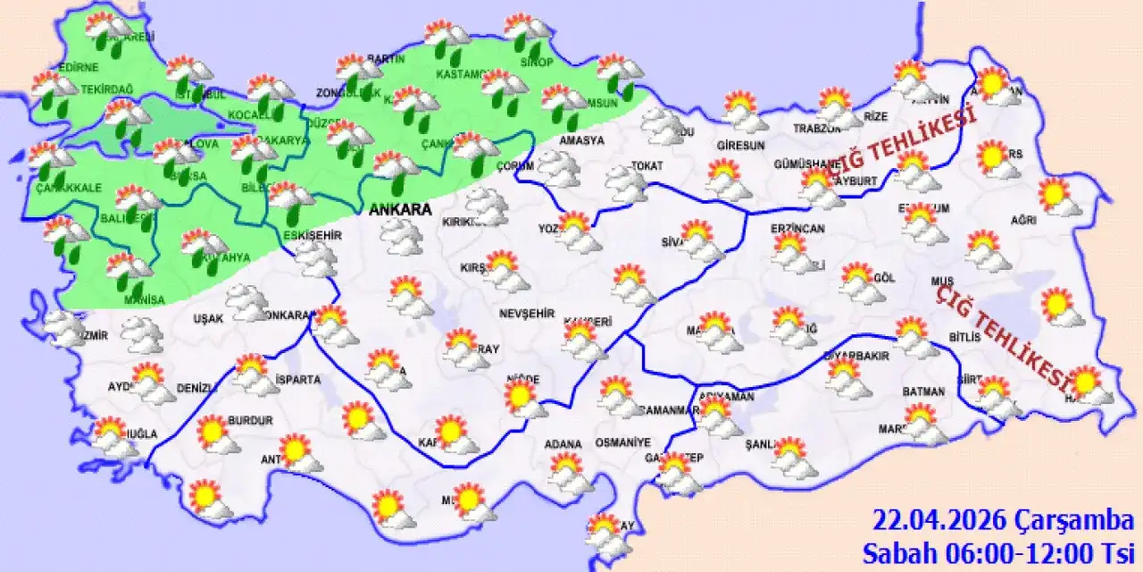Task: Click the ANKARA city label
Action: click(x=400, y=210)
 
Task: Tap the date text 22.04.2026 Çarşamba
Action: click(x=1004, y=520)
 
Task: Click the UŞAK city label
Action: click(x=208, y=318)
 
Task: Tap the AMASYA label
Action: click(x=581, y=140)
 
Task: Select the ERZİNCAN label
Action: click(x=797, y=230)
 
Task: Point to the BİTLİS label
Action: click(x=965, y=337)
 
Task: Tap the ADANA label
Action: click(x=564, y=443)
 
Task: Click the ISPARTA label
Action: click(x=298, y=380)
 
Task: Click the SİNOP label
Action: click(x=538, y=62)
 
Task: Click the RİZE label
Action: click(x=876, y=117)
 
